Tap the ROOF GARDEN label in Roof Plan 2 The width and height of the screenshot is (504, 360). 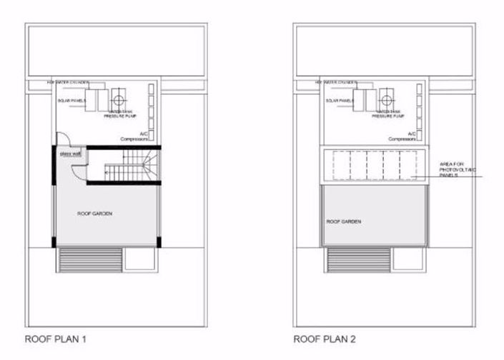point(343,222)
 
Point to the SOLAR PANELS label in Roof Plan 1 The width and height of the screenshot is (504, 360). point(72,101)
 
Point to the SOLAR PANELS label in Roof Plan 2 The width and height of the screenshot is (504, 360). point(340,101)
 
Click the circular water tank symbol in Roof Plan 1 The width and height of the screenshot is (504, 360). point(119,99)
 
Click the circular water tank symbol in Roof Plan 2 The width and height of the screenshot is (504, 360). point(387,99)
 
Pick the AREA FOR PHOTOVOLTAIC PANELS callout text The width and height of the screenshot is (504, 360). point(453,169)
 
